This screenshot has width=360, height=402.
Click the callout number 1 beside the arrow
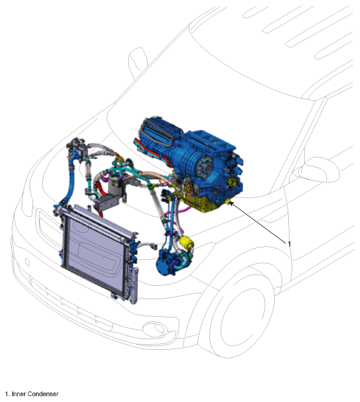point(289,244)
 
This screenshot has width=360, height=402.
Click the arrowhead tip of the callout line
point(229,202)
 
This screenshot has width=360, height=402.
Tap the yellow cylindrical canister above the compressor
point(186,243)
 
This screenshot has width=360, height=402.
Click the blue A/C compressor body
point(167,262)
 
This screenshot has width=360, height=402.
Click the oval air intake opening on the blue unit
point(158,134)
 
